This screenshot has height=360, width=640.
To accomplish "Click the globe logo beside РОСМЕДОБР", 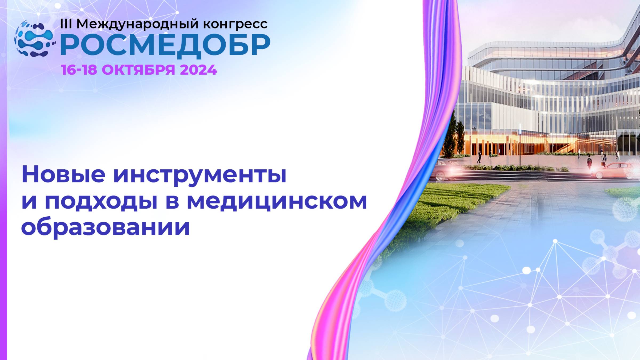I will coord(34,39).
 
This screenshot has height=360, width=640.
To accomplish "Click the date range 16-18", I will coord(79,70).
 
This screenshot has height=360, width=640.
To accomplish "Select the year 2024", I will coord(198,70).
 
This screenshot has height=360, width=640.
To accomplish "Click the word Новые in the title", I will coord(63,175).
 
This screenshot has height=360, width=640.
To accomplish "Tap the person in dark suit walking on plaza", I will coord(479,157).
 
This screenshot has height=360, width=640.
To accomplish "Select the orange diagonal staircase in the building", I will coord(563,147).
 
